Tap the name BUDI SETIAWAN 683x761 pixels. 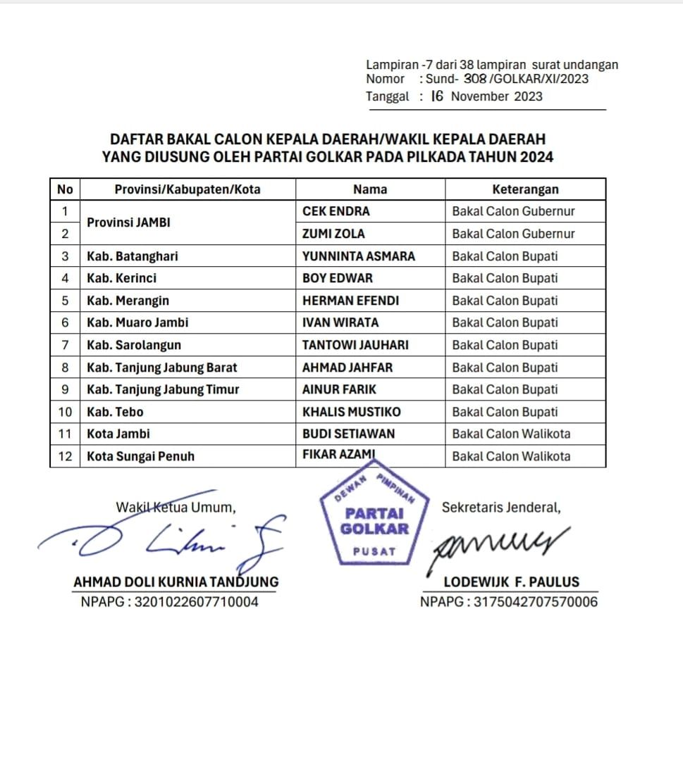click(x=348, y=434)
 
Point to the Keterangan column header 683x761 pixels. click(x=525, y=189)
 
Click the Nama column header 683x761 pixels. click(x=370, y=189)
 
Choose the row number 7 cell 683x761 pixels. click(x=65, y=345)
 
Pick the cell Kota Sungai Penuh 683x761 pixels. click(x=140, y=456)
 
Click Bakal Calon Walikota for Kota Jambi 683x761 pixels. click(x=511, y=434)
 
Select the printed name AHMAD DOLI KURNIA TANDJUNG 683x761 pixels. click(x=176, y=582)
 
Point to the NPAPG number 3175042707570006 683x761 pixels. click(x=508, y=602)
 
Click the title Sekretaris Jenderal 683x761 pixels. click(x=501, y=507)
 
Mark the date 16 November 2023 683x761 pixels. click(x=486, y=96)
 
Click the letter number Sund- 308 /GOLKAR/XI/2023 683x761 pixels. click(x=507, y=79)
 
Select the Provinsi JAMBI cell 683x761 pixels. click(x=129, y=222)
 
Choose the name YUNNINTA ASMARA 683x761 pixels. click(x=358, y=256)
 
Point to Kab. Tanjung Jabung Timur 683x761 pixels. click(x=163, y=389)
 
